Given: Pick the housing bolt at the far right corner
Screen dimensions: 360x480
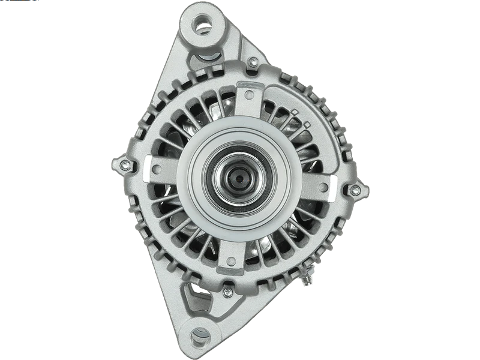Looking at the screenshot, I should click(355, 191).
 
